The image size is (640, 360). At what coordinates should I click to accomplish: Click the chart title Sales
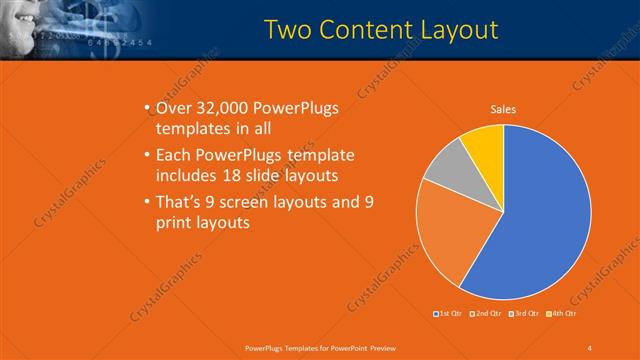coord(503,110)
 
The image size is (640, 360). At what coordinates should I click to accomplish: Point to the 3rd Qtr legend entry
coord(523,314)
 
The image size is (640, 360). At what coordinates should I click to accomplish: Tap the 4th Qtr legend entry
coord(562,314)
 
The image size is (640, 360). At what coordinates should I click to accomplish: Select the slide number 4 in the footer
coord(590,347)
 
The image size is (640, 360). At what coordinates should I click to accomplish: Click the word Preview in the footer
coord(376,347)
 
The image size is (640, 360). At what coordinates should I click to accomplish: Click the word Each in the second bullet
coord(175,155)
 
